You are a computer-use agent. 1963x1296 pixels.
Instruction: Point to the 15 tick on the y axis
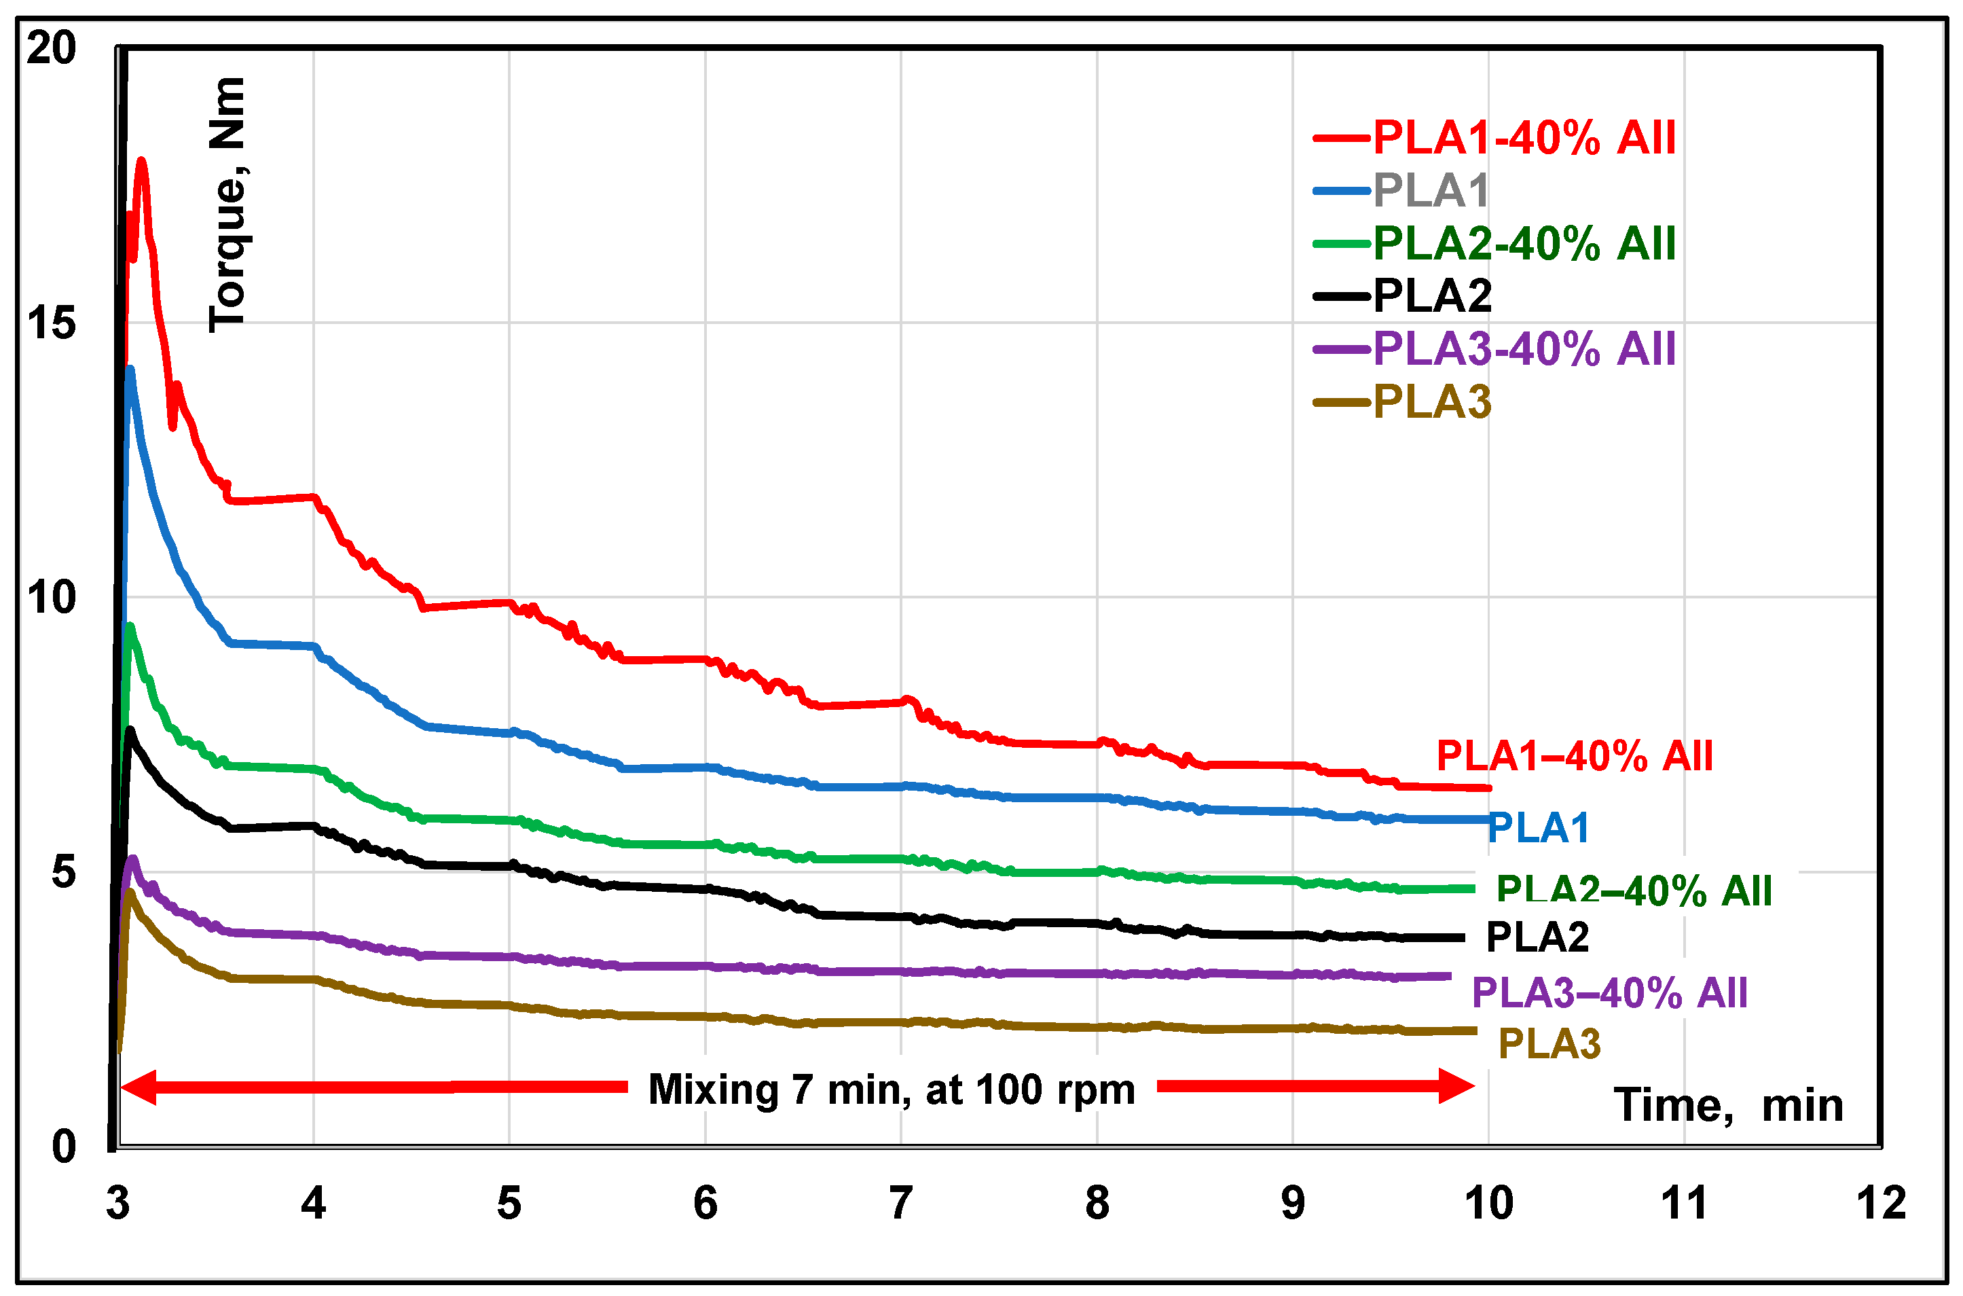pyautogui.click(x=51, y=323)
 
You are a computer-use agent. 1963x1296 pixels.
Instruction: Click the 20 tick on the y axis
pyautogui.click(x=51, y=48)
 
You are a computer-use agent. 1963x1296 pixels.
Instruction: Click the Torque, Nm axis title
pyautogui.click(x=227, y=204)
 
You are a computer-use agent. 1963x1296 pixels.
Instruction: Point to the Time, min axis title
pyautogui.click(x=1728, y=1105)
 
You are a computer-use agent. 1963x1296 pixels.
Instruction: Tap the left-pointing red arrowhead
pyautogui.click(x=139, y=1087)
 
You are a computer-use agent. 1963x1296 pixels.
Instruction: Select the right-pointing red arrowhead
pyautogui.click(x=1456, y=1086)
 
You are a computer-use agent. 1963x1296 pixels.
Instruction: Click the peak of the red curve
pyautogui.click(x=141, y=160)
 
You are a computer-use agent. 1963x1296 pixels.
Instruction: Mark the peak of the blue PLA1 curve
pyautogui.click(x=130, y=369)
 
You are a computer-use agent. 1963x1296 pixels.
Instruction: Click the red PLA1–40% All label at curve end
pyautogui.click(x=1574, y=756)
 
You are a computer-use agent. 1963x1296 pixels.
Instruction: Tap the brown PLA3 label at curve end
pyautogui.click(x=1549, y=1044)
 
